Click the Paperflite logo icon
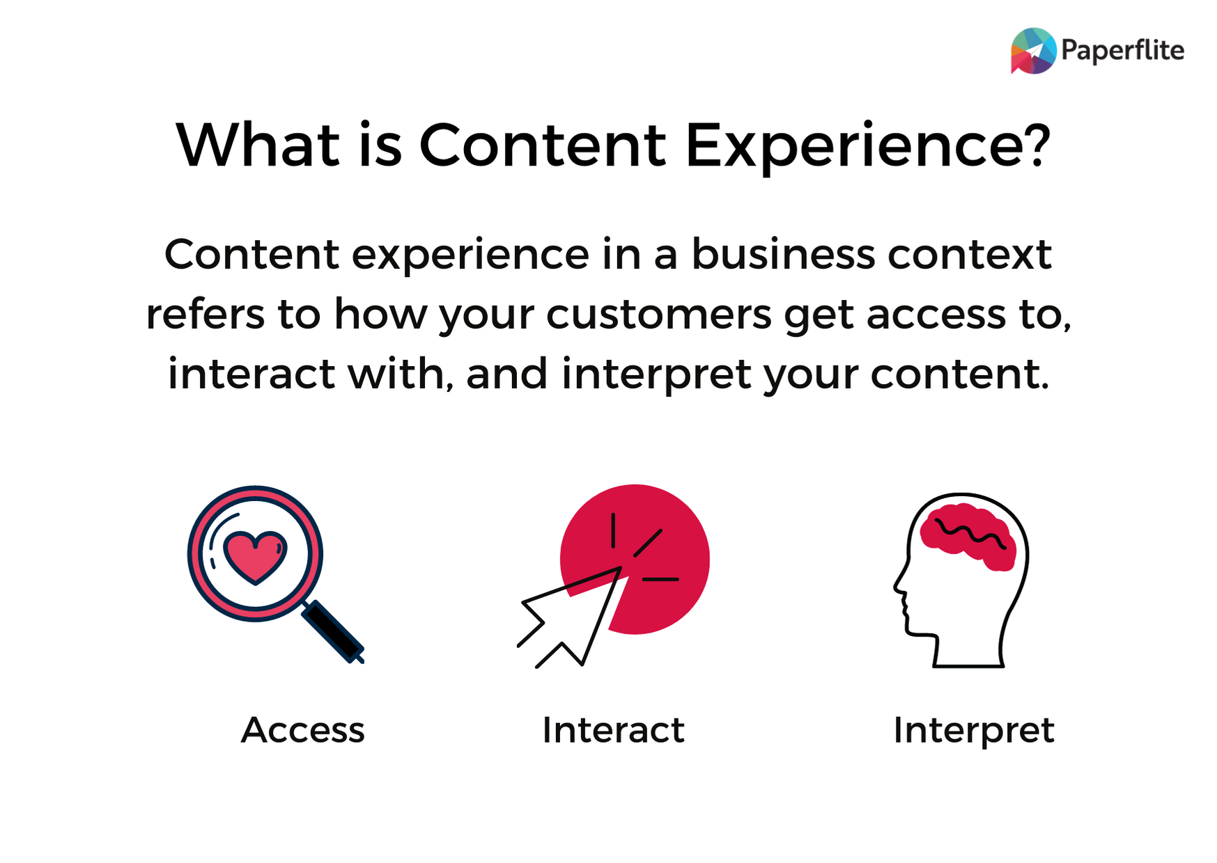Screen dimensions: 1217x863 coord(1034,51)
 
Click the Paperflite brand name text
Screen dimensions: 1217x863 coord(1122,51)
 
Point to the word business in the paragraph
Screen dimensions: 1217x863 coord(783,254)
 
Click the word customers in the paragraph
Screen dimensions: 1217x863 coord(658,315)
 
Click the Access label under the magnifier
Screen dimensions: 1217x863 coord(302,730)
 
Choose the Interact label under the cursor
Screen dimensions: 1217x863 coord(613,730)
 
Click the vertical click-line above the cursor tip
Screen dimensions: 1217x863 coord(613,530)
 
